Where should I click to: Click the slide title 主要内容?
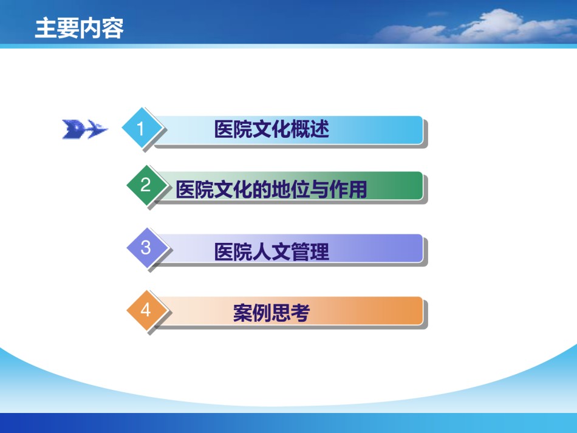coord(79,28)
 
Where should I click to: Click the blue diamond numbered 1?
coord(142,128)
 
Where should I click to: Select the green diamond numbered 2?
coord(146,185)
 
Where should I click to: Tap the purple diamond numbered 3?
coord(146,248)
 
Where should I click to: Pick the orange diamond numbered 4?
coord(146,310)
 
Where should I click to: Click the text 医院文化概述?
coord(271,129)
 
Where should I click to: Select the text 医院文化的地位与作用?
coord(271,189)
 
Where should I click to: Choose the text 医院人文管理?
coord(271,252)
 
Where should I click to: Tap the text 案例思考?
coord(271,313)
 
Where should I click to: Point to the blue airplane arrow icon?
coord(85,129)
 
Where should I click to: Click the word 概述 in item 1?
coord(310,129)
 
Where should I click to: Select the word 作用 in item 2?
coord(348,189)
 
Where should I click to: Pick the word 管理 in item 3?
coord(310,252)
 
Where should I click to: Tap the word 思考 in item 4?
coord(291,313)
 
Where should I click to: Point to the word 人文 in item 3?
coord(271,252)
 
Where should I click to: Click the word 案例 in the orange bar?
coord(253,313)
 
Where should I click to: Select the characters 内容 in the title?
coord(101,28)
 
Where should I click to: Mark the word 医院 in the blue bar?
coord(233,129)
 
